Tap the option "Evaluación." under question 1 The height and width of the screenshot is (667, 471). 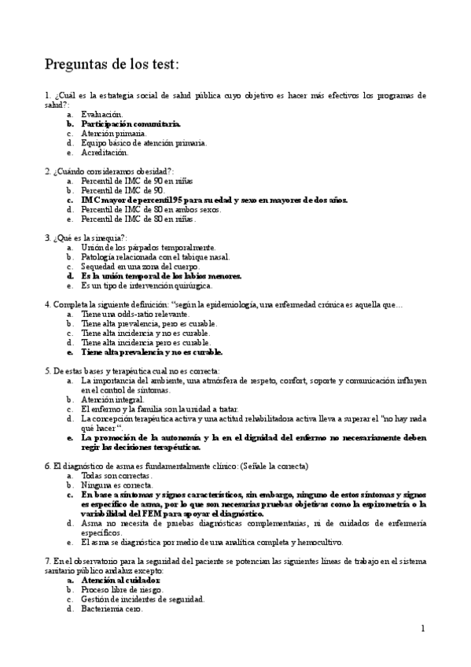point(102,114)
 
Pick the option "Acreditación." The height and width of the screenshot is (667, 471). point(105,152)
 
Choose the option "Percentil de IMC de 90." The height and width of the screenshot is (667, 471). point(123,190)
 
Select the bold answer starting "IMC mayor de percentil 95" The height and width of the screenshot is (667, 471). point(214,199)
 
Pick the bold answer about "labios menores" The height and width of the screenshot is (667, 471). point(161,276)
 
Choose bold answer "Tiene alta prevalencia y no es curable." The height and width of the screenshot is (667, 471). point(152,352)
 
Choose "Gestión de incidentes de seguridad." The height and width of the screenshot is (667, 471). point(142,599)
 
